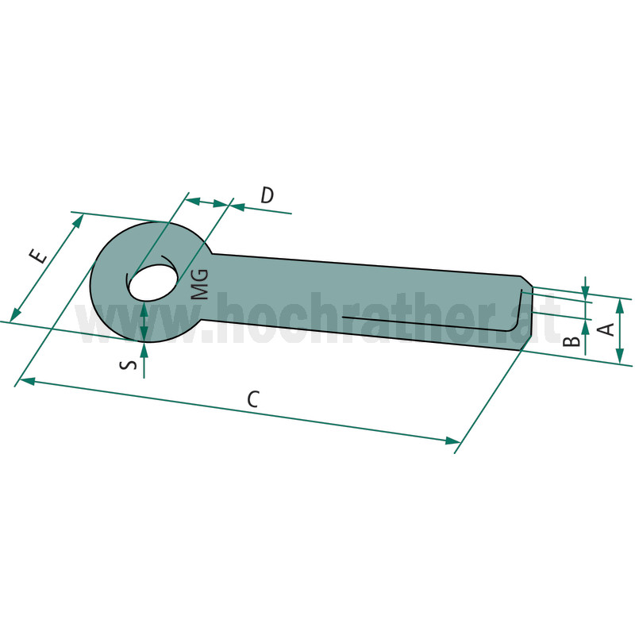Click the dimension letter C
point(253,399)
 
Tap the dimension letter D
point(267,194)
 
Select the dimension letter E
point(38,256)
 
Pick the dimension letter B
point(571,341)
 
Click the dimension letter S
point(129,365)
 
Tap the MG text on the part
point(199,284)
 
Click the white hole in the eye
point(152,283)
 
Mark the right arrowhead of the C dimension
point(452,441)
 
